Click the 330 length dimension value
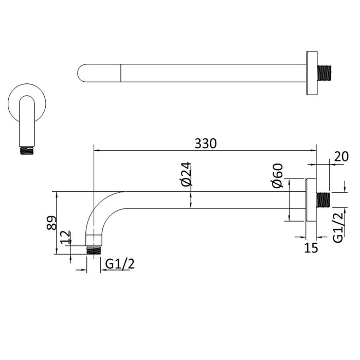tap(205, 143)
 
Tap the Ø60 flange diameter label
tap(278, 176)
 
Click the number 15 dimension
tap(311, 248)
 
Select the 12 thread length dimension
tap(65, 238)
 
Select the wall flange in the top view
tap(311, 73)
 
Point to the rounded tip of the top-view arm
tap(82, 73)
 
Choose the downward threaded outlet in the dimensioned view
tap(93, 250)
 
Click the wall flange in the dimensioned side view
tap(311, 200)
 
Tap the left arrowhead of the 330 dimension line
tap(96, 151)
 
